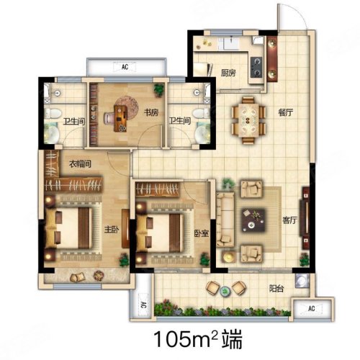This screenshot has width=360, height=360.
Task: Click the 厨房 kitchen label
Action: pos(228,73)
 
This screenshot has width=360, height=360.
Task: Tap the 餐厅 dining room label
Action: pos(286,112)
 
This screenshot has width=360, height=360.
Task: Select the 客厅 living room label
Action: pos(289,220)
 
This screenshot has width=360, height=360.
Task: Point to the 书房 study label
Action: pos(151,112)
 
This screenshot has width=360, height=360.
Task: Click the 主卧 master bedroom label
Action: pos(112,230)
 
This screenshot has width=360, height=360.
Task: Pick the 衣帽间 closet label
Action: pos(80,164)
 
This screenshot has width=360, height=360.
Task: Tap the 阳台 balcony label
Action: pos(276,288)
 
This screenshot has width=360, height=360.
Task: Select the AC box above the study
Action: pos(125,67)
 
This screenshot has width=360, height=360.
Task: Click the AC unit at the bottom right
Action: pos(311,308)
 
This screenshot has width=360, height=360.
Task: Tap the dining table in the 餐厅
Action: pos(248,120)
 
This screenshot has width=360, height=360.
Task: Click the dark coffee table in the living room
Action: pos(253,220)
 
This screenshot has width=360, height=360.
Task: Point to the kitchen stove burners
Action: pos(256,67)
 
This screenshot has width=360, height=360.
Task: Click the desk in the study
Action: pos(120,118)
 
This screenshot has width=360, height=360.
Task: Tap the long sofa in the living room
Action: pos(225,220)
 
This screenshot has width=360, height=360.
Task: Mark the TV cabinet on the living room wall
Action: pos(305,218)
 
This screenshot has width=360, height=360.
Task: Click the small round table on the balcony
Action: pos(225,291)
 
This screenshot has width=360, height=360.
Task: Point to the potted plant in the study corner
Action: pos(159,90)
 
